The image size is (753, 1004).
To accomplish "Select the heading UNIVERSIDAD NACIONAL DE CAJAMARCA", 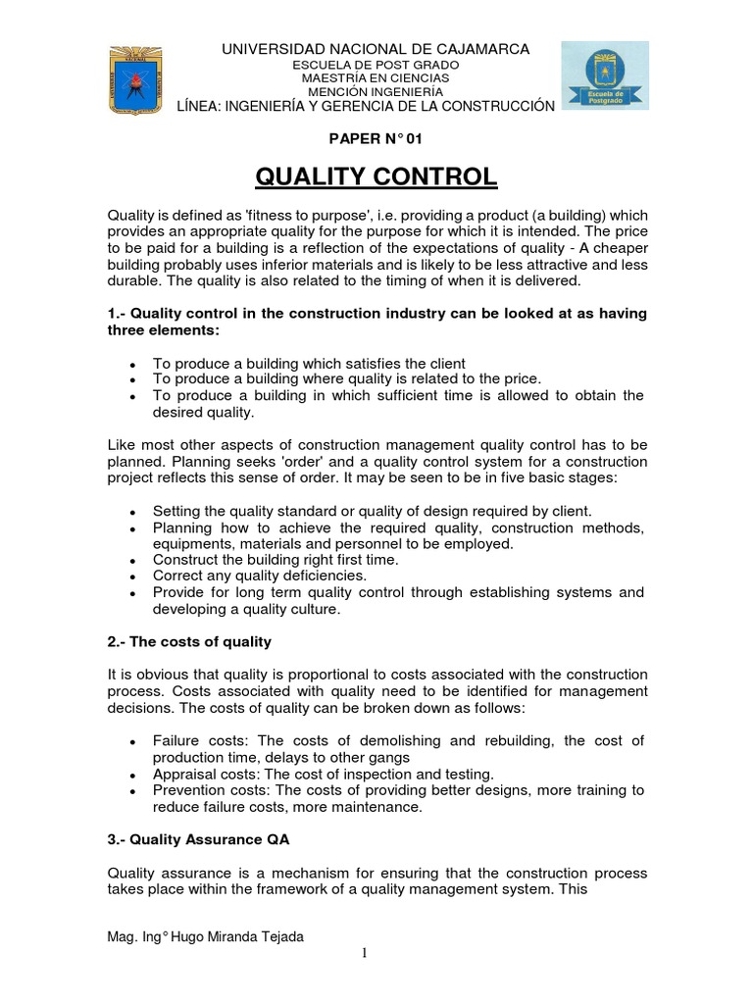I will click(x=376, y=48).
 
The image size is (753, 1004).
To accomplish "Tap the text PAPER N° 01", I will click(x=376, y=139).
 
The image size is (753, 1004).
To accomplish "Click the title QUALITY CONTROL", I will click(x=376, y=177).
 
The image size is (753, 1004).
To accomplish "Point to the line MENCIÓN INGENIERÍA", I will click(x=376, y=91).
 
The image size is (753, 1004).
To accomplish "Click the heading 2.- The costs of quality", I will click(x=189, y=641).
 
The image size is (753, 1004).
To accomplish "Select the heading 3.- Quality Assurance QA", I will click(x=198, y=839).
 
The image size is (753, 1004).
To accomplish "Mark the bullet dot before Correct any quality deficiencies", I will click(x=132, y=577).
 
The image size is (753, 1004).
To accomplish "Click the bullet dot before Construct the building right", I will click(x=132, y=561).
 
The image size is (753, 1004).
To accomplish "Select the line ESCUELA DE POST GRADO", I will click(x=376, y=64).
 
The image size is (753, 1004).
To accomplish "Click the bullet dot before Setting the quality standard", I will click(x=132, y=512).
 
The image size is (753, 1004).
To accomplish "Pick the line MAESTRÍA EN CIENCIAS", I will click(x=376, y=77).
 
